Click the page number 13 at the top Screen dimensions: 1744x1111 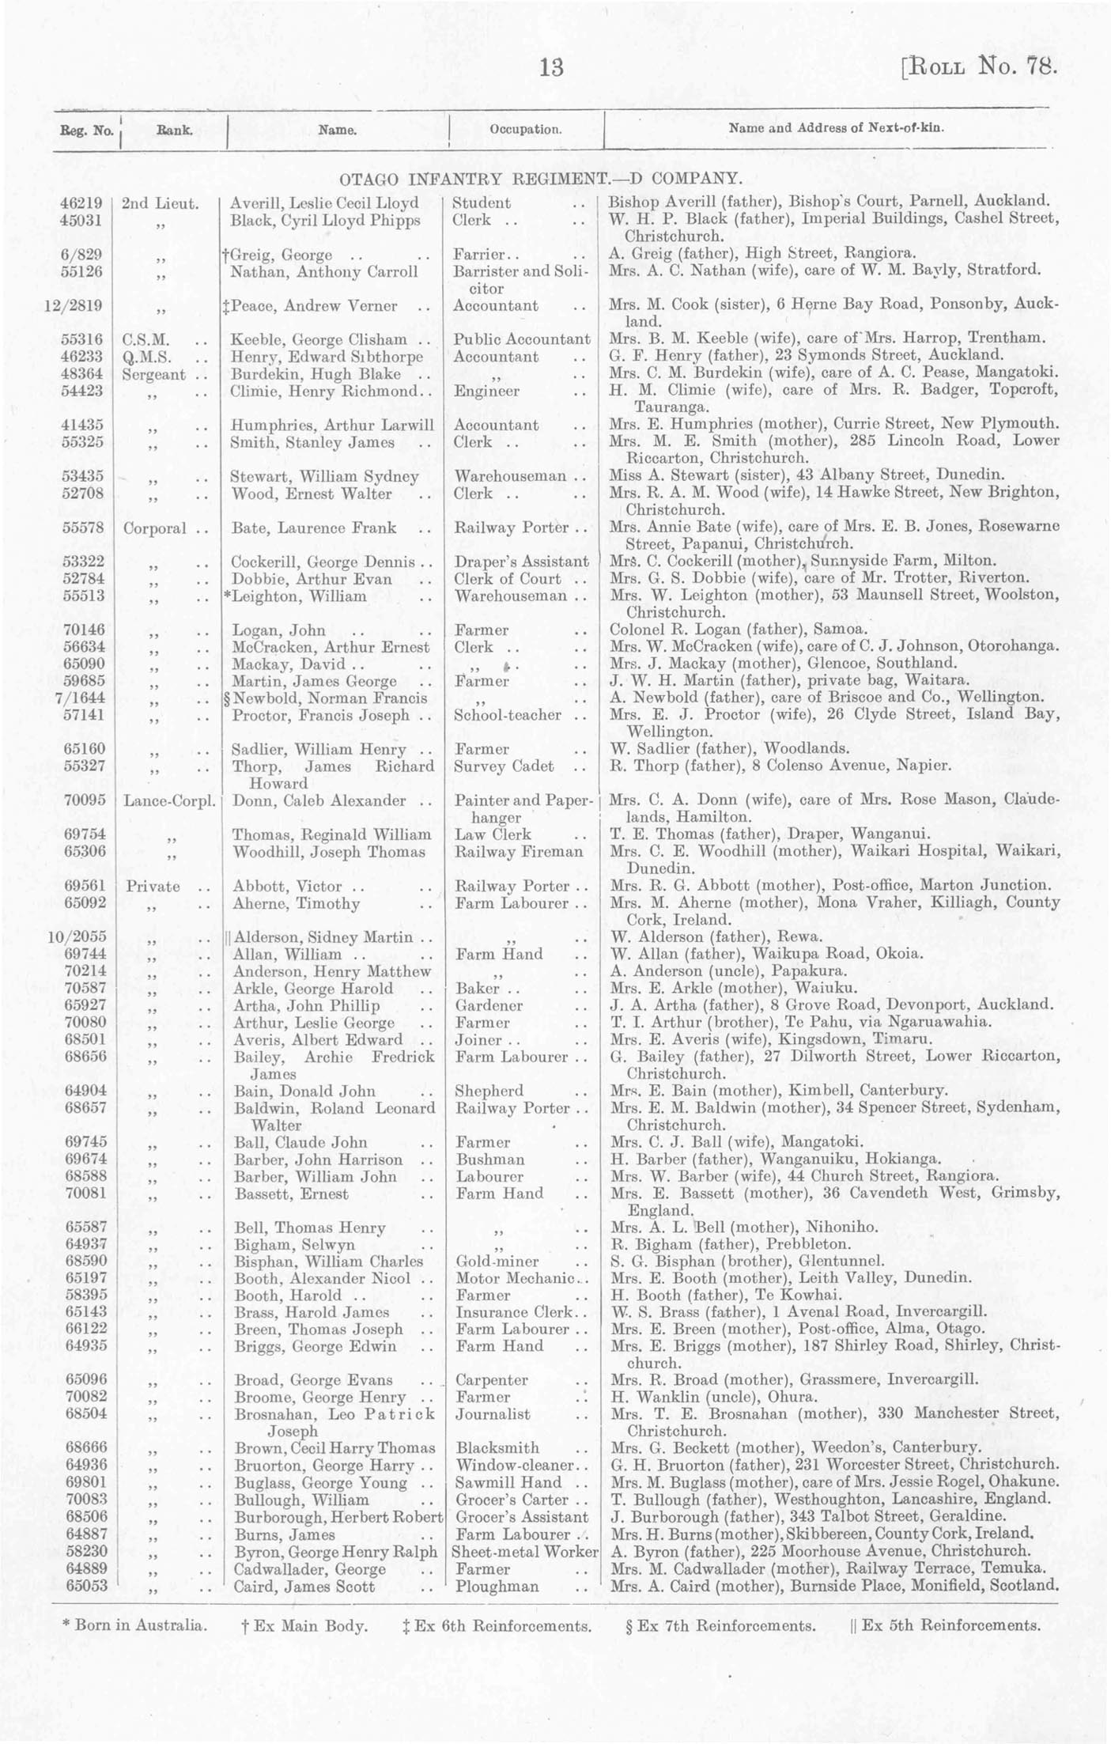551,68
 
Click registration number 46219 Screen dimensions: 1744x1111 82,202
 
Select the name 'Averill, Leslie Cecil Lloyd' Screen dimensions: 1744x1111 324,202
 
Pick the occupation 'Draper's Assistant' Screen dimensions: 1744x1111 522,562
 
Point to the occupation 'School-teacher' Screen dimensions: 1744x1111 508,715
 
